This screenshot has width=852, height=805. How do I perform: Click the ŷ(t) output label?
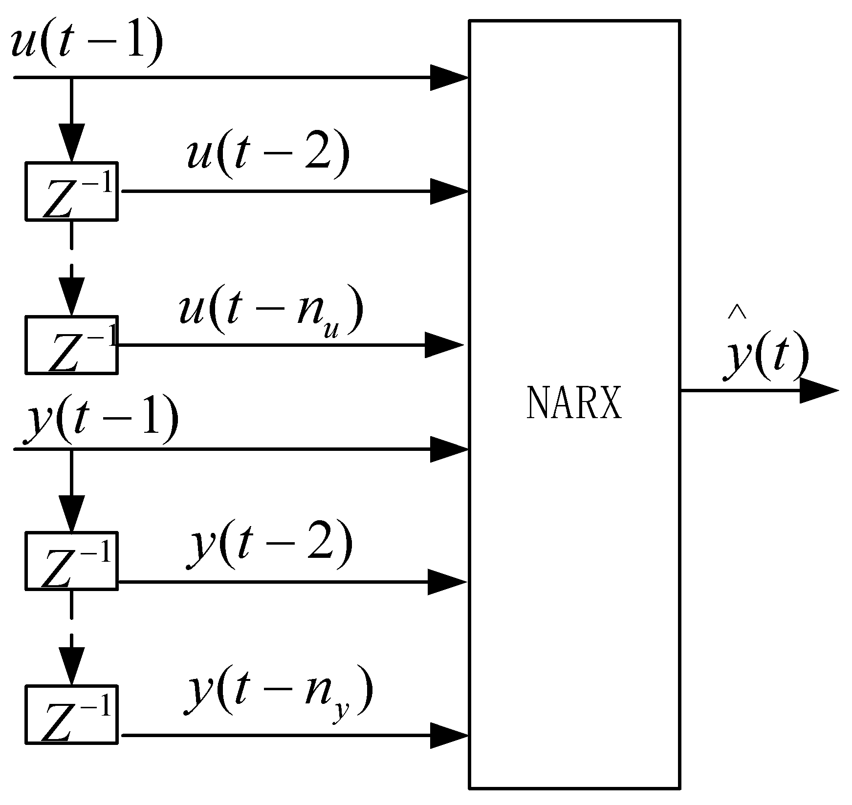[x=766, y=357]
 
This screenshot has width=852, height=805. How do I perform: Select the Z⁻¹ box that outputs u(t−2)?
[x=71, y=191]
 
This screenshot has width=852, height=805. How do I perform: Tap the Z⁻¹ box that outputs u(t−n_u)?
[x=71, y=345]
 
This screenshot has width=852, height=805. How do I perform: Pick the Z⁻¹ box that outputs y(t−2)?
[x=71, y=561]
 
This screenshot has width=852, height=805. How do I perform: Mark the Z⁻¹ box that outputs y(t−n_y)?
[x=71, y=715]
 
